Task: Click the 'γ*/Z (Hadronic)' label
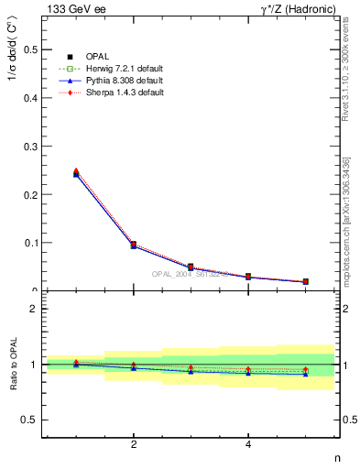[x=294, y=9]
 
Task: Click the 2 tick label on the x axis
[x=134, y=445]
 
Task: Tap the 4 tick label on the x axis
[x=248, y=445]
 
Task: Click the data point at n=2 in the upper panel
[x=134, y=245]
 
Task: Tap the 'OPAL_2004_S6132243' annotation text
[x=190, y=274]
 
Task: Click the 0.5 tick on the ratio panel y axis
[x=33, y=420]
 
